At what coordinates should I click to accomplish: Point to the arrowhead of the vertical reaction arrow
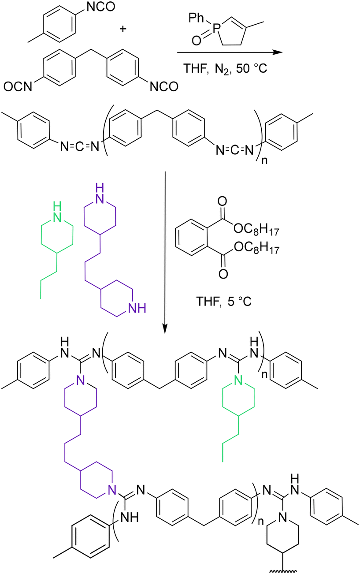[x=165, y=329]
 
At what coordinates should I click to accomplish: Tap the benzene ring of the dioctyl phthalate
[x=190, y=241]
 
